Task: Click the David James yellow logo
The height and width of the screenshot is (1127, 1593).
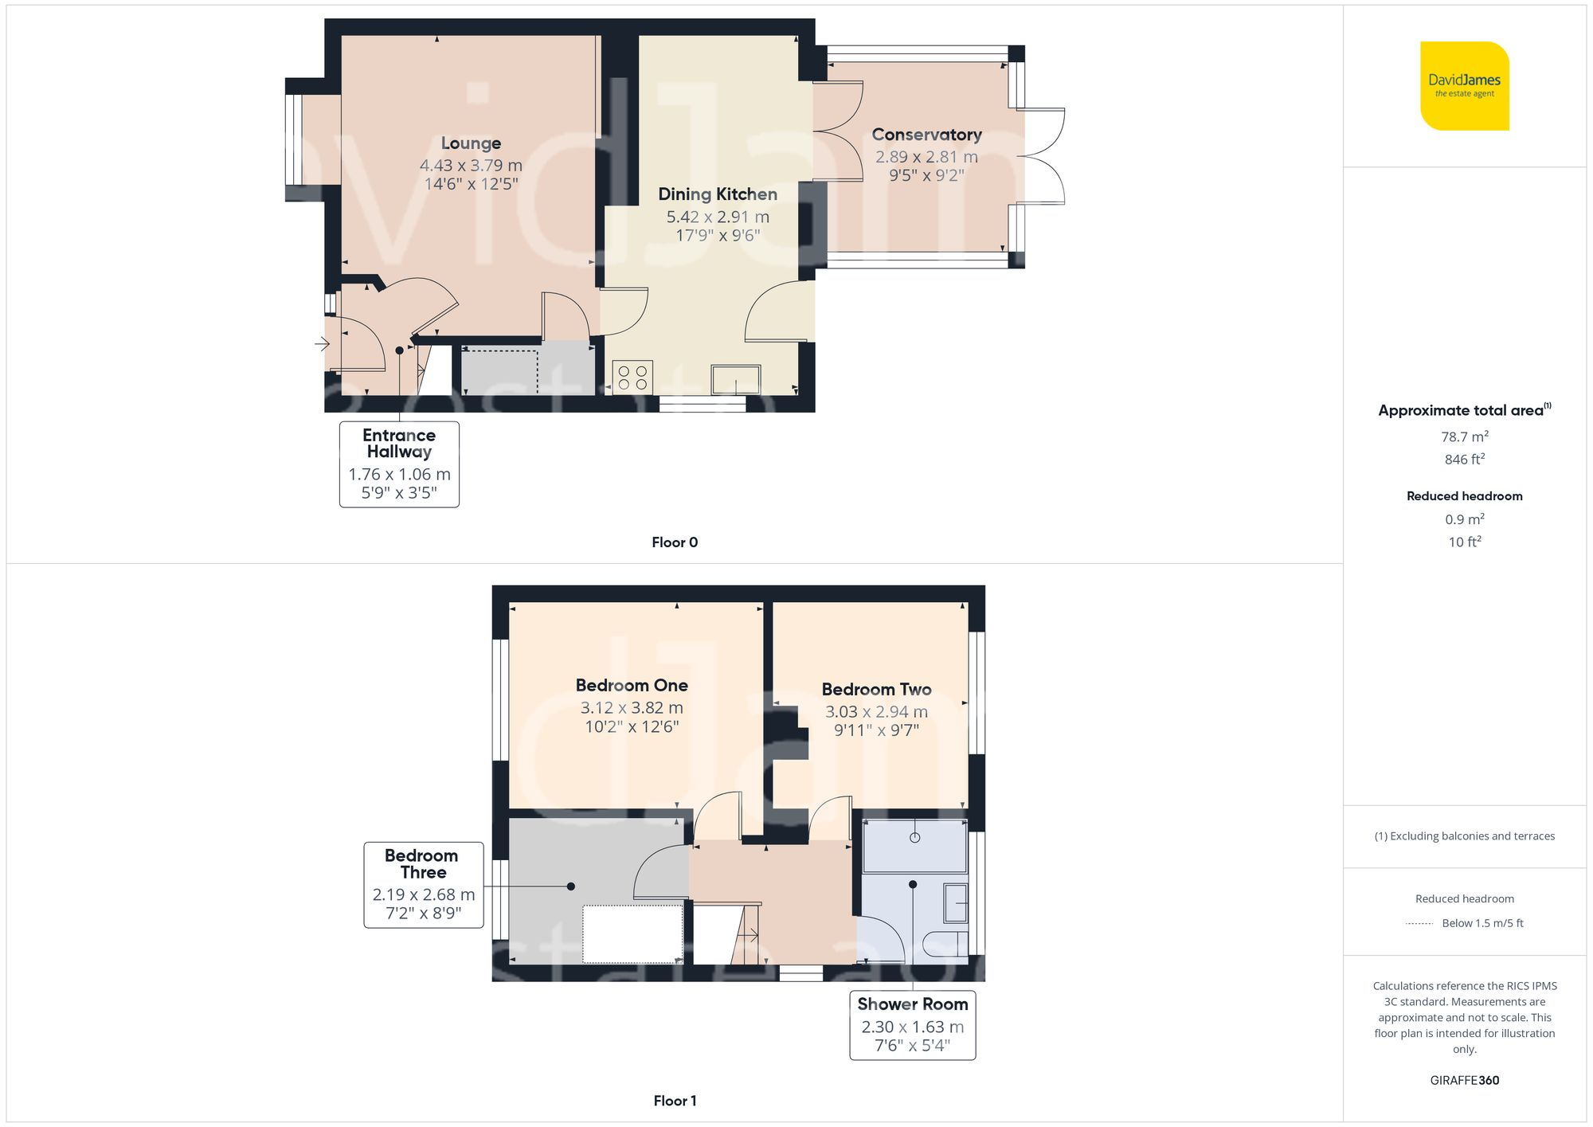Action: tap(1464, 86)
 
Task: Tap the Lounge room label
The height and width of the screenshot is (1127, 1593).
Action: tap(471, 143)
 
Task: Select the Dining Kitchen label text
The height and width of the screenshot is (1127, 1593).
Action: tap(717, 194)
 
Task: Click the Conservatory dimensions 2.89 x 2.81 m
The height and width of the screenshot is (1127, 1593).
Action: tap(926, 157)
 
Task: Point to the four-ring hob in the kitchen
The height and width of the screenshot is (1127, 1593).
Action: tap(632, 378)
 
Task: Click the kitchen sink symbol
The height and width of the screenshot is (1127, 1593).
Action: tap(735, 380)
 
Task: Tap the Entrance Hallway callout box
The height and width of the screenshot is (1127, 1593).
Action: tap(399, 464)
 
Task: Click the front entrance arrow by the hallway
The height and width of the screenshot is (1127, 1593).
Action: tap(322, 344)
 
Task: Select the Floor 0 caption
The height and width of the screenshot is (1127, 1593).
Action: tap(674, 542)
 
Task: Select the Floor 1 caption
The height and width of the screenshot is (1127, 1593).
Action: tap(674, 1101)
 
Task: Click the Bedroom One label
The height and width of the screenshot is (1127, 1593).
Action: tap(632, 685)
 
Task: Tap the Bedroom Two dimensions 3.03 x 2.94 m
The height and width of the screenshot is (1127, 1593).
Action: tap(876, 712)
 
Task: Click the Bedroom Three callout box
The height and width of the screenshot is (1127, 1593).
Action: tap(423, 884)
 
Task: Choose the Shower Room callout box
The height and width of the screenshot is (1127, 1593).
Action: tap(912, 1024)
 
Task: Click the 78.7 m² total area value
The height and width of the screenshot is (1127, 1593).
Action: tap(1464, 436)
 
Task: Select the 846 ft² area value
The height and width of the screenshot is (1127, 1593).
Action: tap(1464, 460)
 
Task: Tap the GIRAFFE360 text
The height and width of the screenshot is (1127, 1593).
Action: tap(1464, 1080)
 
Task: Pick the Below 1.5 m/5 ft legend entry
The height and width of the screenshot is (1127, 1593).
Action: tap(1481, 923)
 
